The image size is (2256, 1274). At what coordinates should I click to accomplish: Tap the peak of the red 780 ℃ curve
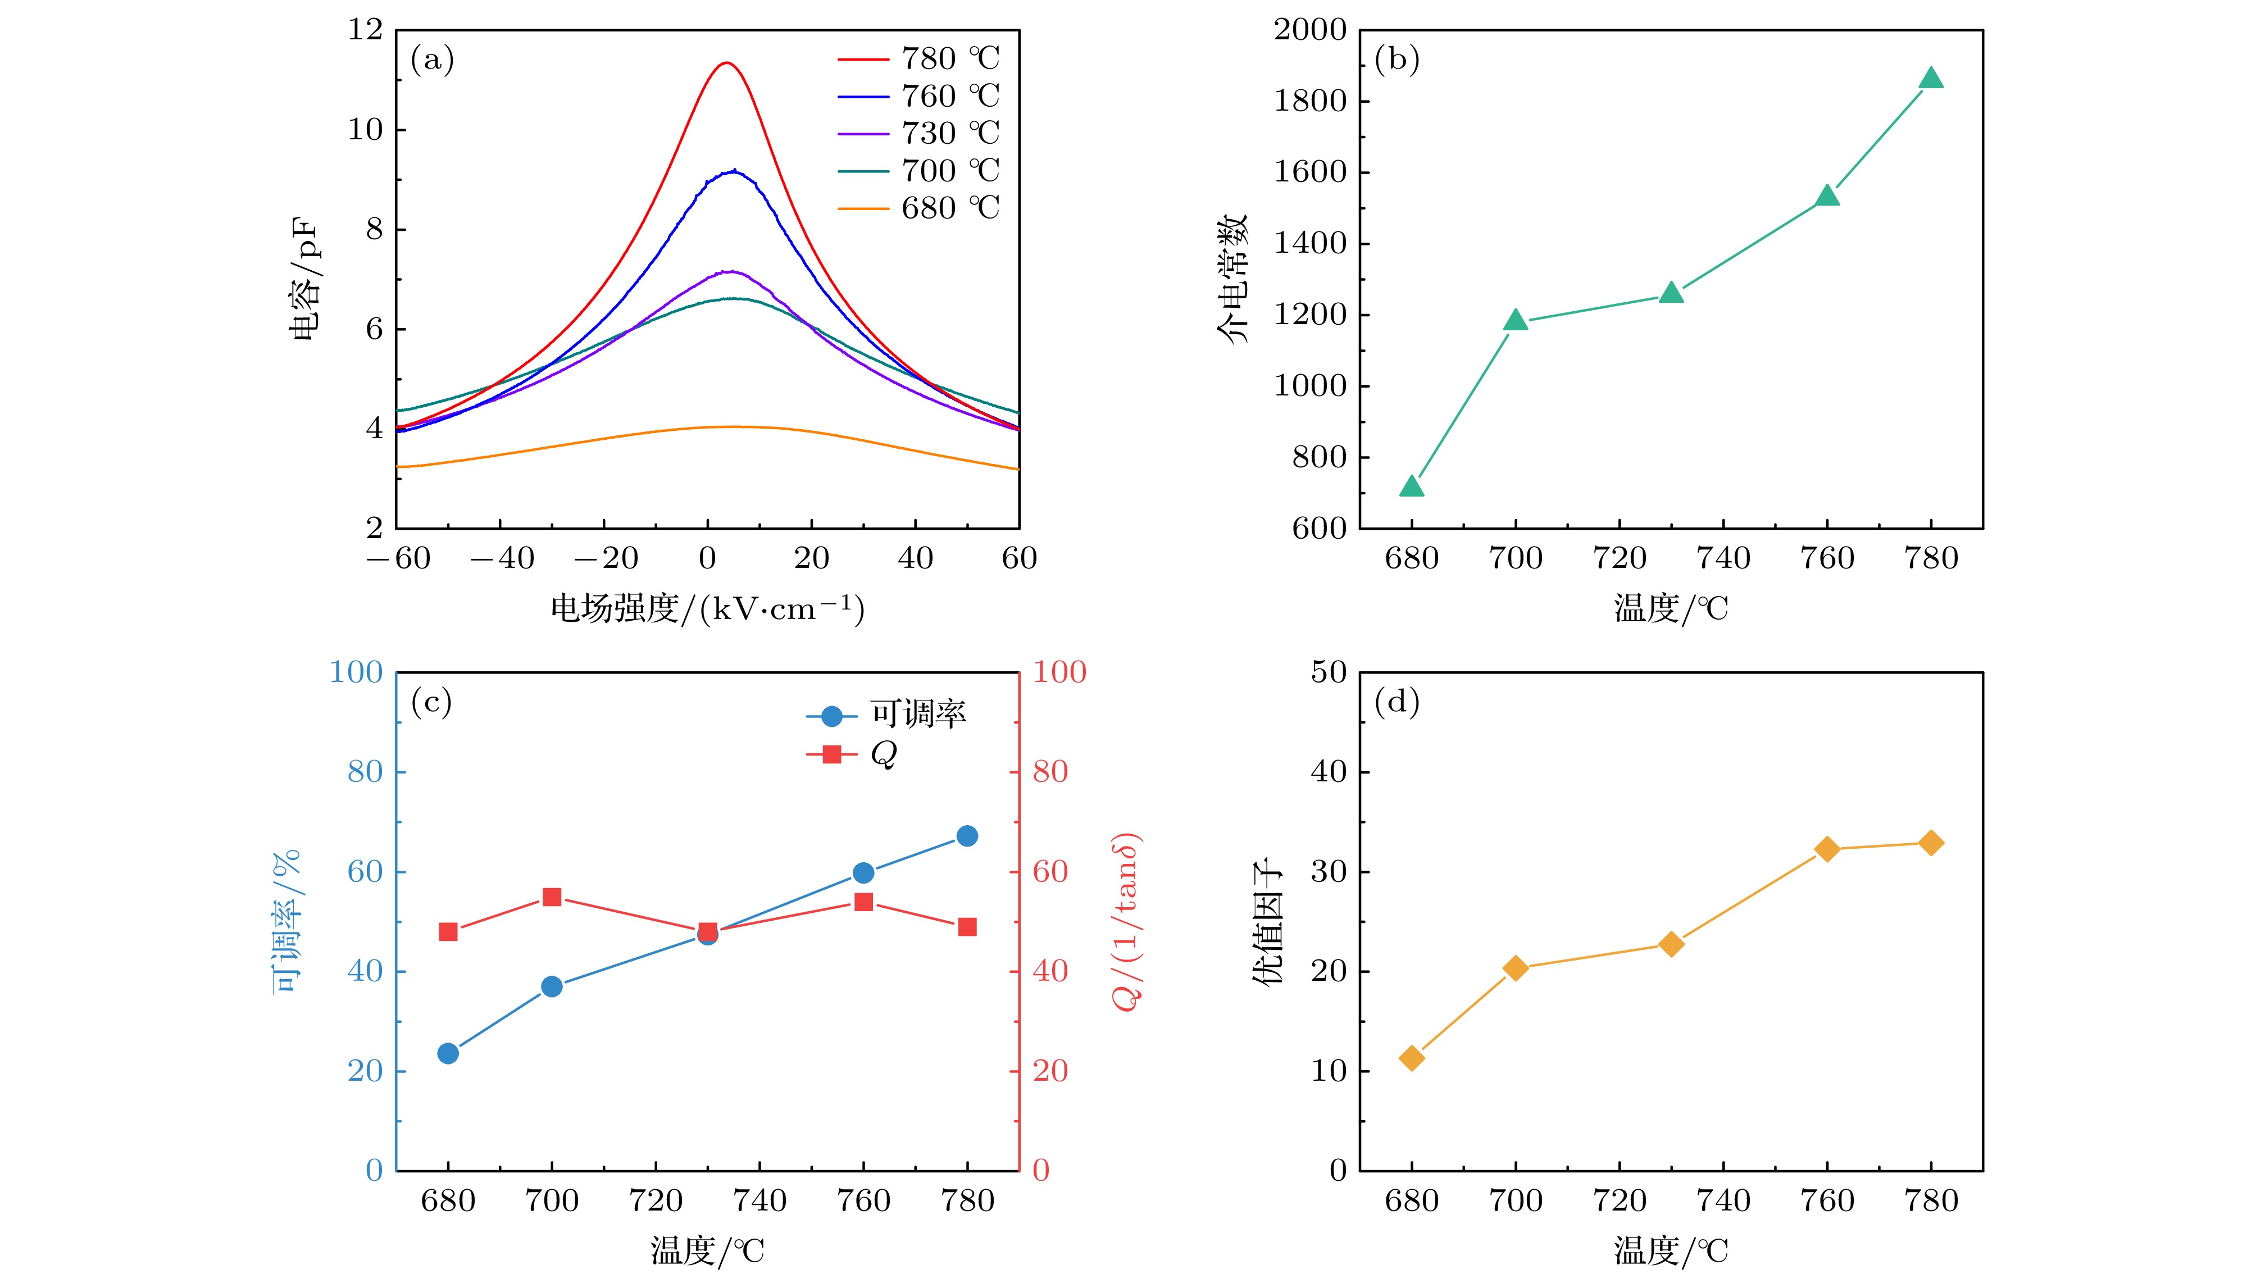point(726,63)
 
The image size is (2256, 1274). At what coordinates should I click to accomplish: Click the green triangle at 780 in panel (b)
point(1931,79)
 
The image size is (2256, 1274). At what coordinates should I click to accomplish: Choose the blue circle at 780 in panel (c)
point(967,836)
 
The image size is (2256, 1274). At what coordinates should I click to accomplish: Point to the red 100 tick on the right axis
point(1059,672)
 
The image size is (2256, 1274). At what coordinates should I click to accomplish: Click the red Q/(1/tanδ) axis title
point(1126,921)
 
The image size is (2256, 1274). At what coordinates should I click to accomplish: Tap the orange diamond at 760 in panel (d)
point(1827,848)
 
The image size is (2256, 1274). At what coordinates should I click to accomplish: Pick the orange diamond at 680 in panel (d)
point(1412,1058)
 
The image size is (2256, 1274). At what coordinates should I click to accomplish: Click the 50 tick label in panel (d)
point(1329,672)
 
